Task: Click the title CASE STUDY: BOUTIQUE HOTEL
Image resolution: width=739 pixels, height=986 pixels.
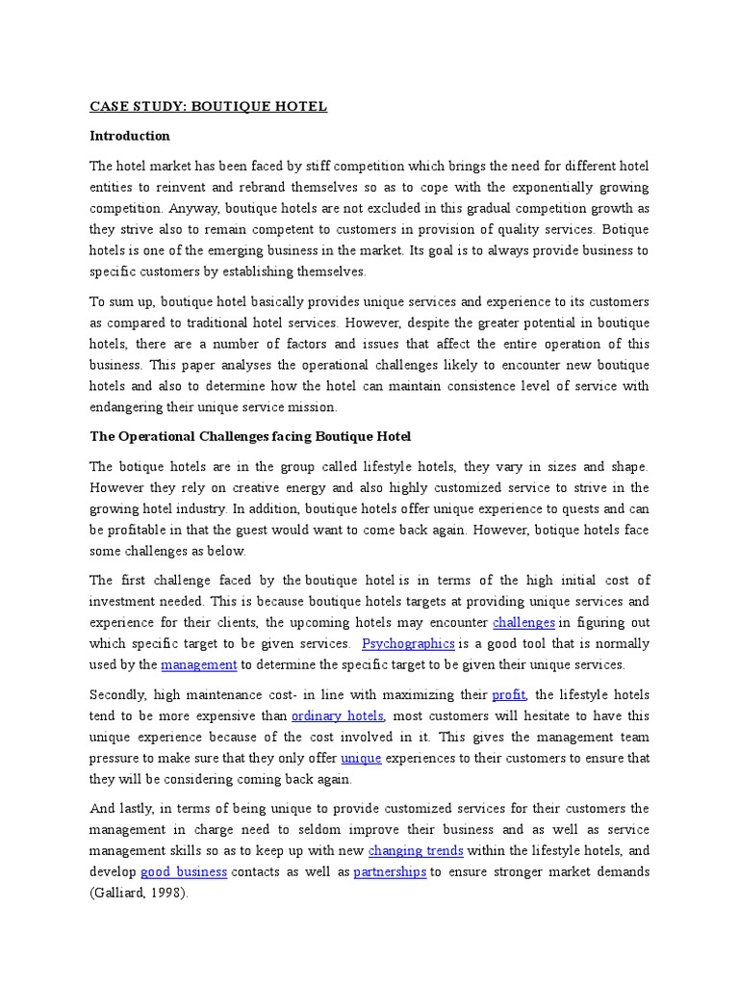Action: pyautogui.click(x=208, y=106)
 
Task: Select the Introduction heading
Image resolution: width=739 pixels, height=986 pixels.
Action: pyautogui.click(x=129, y=136)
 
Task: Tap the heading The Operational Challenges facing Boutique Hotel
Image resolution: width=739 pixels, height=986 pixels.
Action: pyautogui.click(x=250, y=436)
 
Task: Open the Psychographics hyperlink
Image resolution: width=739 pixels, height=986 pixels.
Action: pyautogui.click(x=408, y=643)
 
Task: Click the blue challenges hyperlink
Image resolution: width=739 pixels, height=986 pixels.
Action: pyautogui.click(x=523, y=622)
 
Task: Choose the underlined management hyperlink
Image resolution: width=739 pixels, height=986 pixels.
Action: pyautogui.click(x=198, y=664)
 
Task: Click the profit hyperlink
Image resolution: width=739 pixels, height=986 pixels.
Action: pyautogui.click(x=510, y=694)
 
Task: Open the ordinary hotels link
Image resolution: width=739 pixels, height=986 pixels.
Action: pyautogui.click(x=338, y=715)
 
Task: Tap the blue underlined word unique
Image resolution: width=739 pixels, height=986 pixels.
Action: pyautogui.click(x=361, y=758)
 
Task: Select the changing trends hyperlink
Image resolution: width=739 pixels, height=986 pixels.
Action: pyautogui.click(x=416, y=850)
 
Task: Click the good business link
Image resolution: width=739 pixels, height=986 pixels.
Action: pyautogui.click(x=184, y=871)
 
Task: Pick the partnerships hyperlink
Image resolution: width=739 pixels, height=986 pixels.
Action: pyautogui.click(x=390, y=871)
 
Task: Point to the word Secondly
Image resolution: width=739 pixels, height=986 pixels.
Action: pyautogui.click(x=119, y=694)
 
